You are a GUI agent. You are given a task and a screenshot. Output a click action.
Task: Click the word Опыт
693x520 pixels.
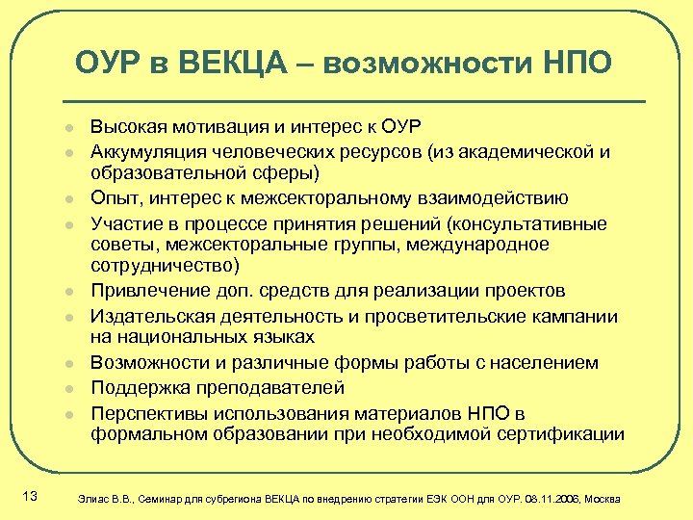pyautogui.click(x=113, y=198)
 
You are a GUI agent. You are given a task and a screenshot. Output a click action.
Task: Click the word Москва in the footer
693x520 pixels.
pyautogui.click(x=603, y=499)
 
